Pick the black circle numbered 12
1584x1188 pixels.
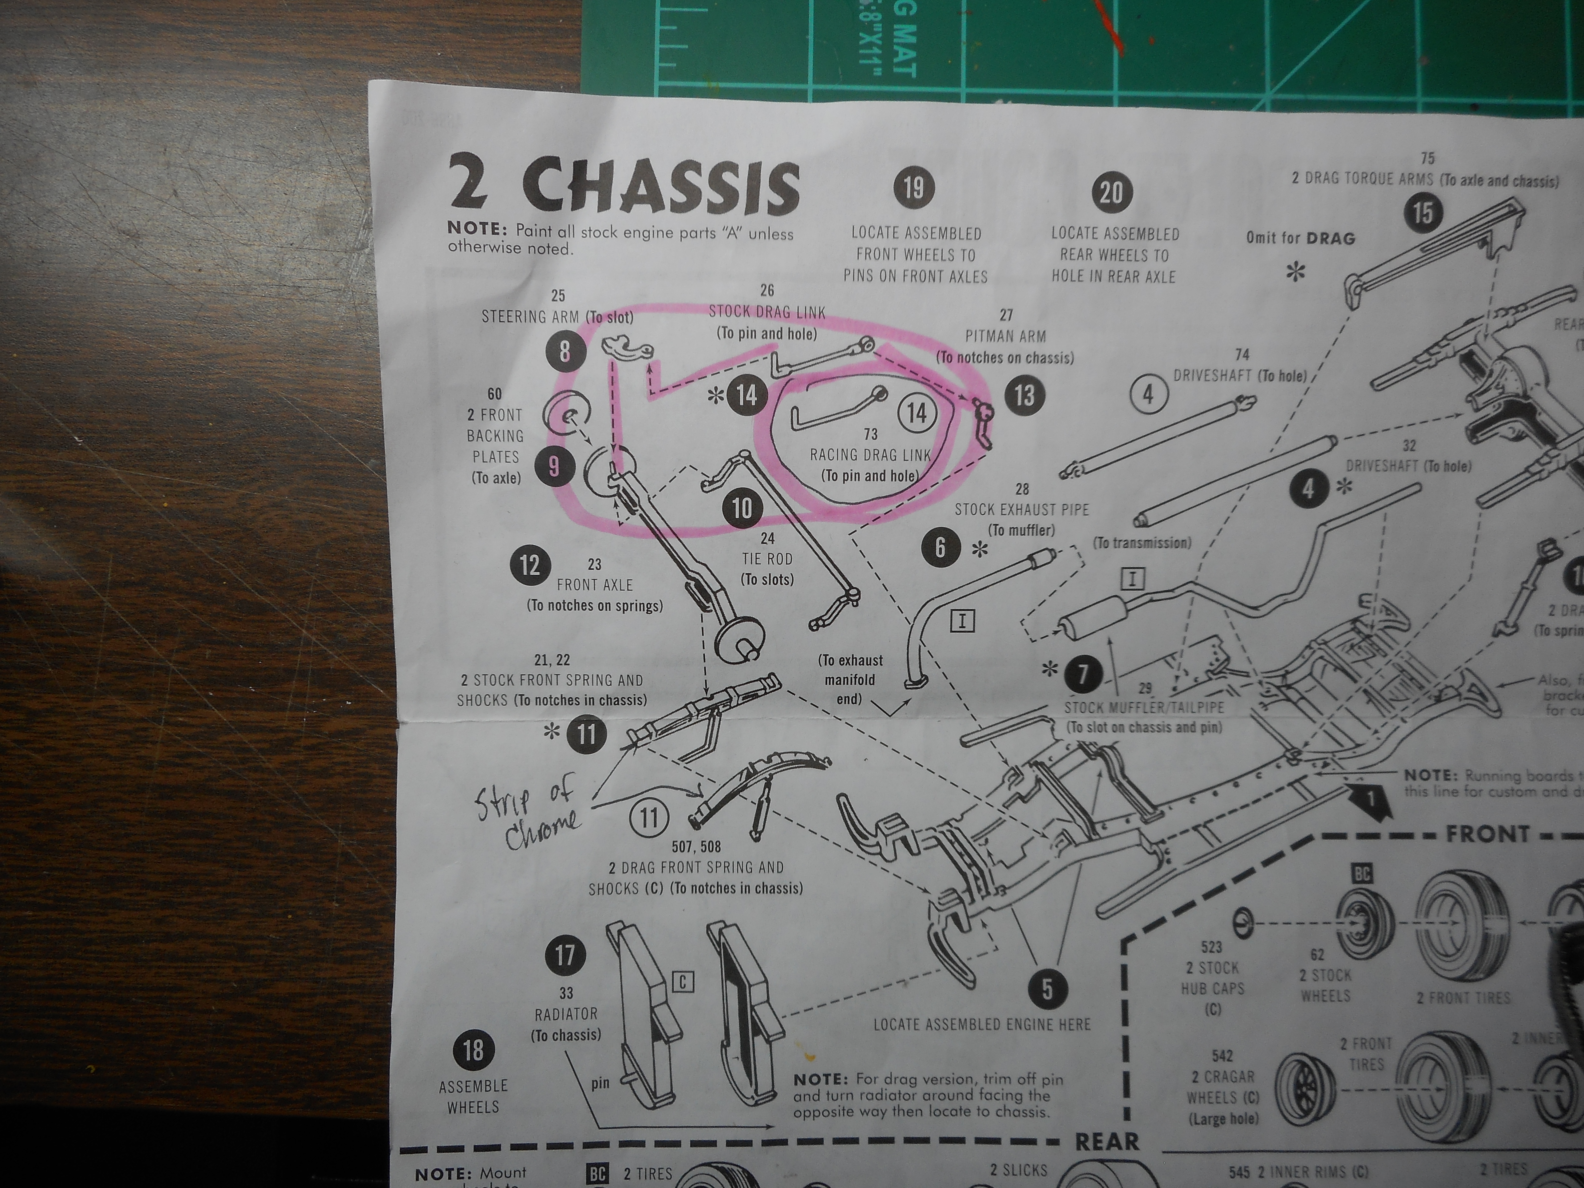tap(530, 565)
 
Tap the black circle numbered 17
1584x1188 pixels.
tap(565, 955)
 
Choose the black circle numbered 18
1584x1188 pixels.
tap(473, 1051)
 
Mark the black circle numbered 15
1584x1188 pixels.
tap(1423, 213)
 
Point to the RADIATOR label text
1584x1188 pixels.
tap(566, 1014)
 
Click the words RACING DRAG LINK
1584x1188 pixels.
tap(870, 455)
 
